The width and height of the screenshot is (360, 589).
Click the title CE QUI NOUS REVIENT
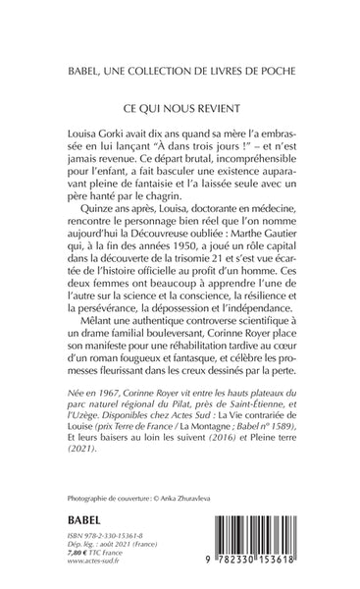click(x=180, y=102)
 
